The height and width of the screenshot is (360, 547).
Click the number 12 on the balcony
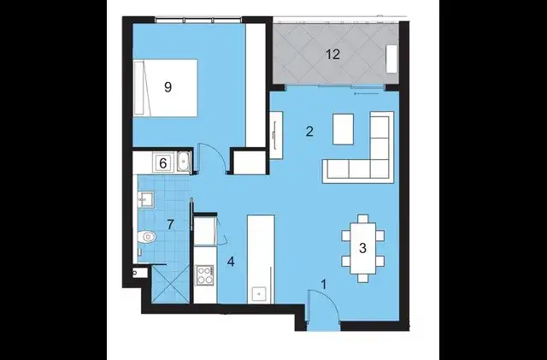(333, 54)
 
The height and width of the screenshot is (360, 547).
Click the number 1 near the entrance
(323, 284)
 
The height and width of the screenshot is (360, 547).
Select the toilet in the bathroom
(146, 237)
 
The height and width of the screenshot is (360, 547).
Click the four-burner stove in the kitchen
(205, 275)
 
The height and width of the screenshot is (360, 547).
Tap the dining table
(362, 249)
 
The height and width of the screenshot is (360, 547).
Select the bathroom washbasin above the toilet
(144, 201)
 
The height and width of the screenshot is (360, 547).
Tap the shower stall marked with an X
(169, 282)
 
